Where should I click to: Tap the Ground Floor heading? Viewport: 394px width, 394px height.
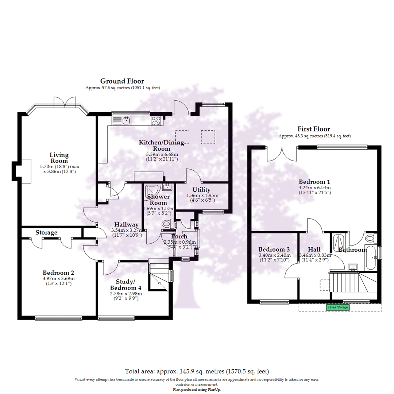tap(122, 81)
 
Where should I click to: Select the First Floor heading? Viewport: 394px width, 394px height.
tap(314, 129)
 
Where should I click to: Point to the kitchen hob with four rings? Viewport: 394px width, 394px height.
tap(156, 120)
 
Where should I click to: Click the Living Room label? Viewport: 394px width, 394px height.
tap(59, 158)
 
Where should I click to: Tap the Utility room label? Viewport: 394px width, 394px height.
tap(201, 190)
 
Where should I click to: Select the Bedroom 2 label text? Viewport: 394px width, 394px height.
tap(58, 273)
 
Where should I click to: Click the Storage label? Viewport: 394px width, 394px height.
tap(46, 232)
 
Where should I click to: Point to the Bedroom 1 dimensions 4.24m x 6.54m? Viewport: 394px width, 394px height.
tap(314, 189)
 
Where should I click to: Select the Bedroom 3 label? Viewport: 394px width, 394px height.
tap(274, 250)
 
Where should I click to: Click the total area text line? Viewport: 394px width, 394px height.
tap(197, 371)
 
